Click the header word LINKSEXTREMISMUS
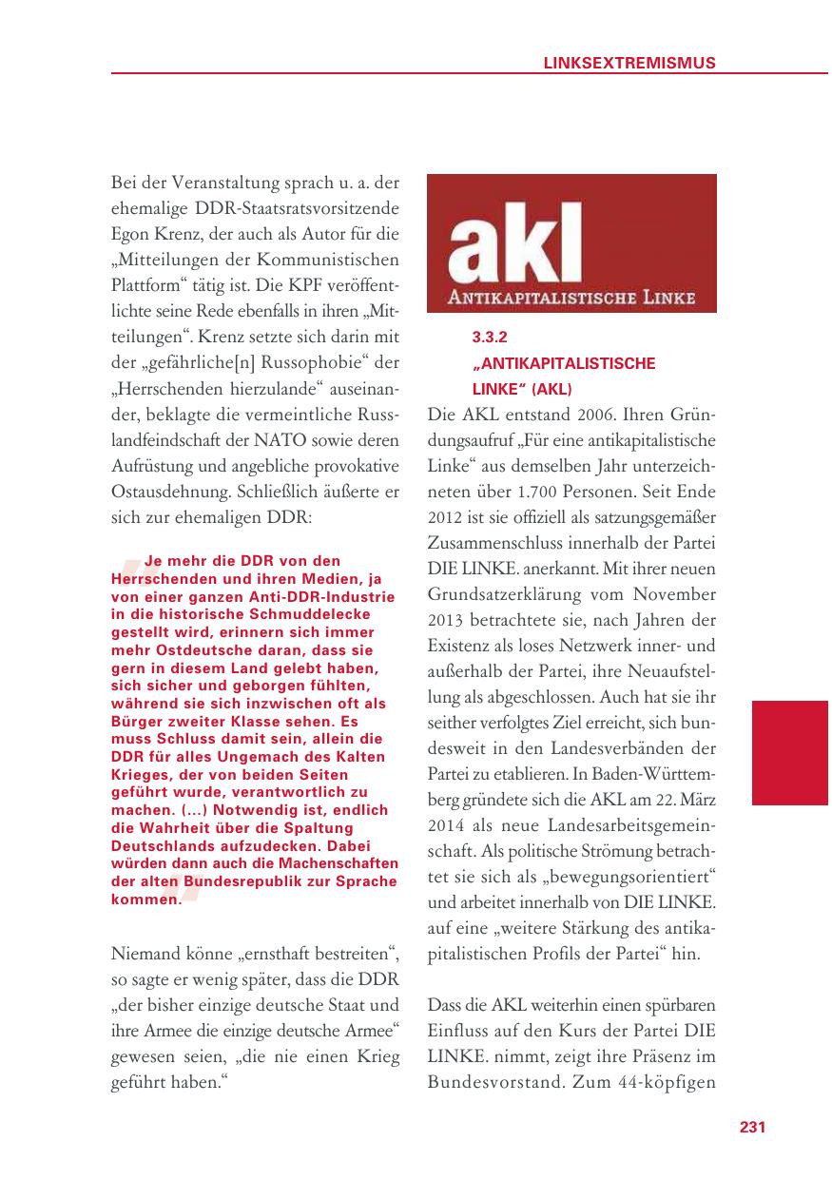(629, 63)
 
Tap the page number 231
(752, 1127)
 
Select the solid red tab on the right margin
(789, 752)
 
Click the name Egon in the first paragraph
(131, 233)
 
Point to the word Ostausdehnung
(164, 493)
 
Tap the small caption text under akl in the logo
(571, 300)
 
